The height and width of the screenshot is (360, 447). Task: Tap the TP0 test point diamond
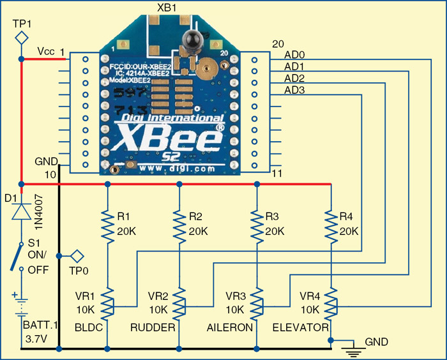[x=77, y=256]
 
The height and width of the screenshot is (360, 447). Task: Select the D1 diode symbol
[x=21, y=210]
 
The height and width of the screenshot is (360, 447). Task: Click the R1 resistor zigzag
[x=107, y=223]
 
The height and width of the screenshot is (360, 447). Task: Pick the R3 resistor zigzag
[x=256, y=223]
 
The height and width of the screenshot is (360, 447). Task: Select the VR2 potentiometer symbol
[x=180, y=303]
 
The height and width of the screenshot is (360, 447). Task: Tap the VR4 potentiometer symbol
[x=330, y=303]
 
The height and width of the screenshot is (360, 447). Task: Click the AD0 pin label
[x=294, y=56]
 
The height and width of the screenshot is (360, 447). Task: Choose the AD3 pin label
[x=294, y=90]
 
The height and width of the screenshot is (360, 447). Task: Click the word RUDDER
[x=153, y=327]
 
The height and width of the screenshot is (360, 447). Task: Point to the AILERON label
[x=230, y=327]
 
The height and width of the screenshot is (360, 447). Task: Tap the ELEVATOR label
[x=300, y=327]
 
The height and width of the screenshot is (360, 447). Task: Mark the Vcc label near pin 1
[x=46, y=50]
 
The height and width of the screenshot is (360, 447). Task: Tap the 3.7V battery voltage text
[x=29, y=338]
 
